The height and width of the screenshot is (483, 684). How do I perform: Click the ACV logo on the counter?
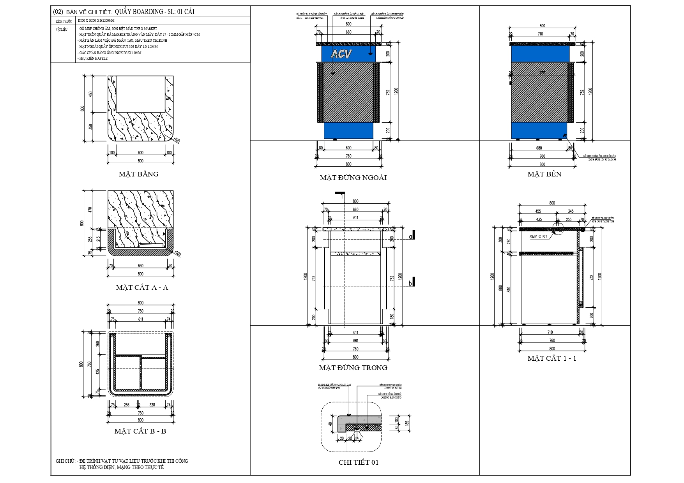[x=341, y=54]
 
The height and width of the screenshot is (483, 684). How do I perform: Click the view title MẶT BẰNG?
[x=138, y=174]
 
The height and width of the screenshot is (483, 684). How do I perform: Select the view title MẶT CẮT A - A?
[x=142, y=287]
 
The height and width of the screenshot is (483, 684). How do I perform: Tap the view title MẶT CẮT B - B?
[x=140, y=431]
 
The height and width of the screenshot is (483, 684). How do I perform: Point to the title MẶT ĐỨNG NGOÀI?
[x=353, y=178]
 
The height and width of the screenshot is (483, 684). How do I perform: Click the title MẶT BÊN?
[x=544, y=174]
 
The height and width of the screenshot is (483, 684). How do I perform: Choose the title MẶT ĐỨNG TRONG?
[x=353, y=368]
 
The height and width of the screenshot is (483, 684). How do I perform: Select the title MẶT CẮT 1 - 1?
[x=551, y=358]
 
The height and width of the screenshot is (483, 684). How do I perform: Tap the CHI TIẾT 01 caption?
[x=359, y=462]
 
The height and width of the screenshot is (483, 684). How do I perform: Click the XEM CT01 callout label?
[x=538, y=236]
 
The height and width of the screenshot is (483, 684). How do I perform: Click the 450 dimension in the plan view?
[x=91, y=94]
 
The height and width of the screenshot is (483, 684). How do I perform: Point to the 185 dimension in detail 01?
[x=407, y=423]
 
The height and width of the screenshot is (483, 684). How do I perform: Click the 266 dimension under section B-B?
[x=127, y=405]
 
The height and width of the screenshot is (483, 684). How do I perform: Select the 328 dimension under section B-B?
[x=152, y=405]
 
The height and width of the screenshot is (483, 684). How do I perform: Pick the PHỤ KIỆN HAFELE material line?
[x=93, y=58]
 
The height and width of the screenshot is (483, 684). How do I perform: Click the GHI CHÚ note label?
[x=65, y=461]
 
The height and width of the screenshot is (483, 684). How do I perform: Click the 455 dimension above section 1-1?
[x=538, y=211]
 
